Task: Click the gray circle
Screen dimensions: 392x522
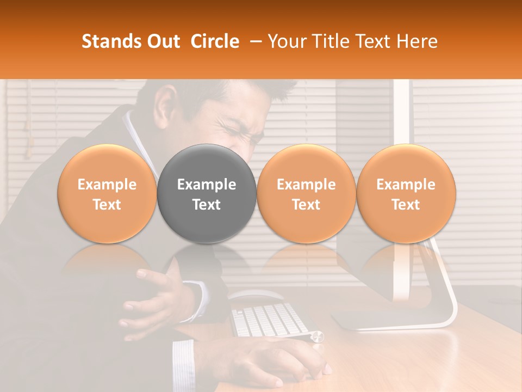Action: tap(207, 194)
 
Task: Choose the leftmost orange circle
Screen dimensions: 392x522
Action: tap(107, 194)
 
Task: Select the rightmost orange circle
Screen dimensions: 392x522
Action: tap(406, 194)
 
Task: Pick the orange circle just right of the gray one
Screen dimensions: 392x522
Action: tap(306, 194)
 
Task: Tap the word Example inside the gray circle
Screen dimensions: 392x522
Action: tap(207, 185)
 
